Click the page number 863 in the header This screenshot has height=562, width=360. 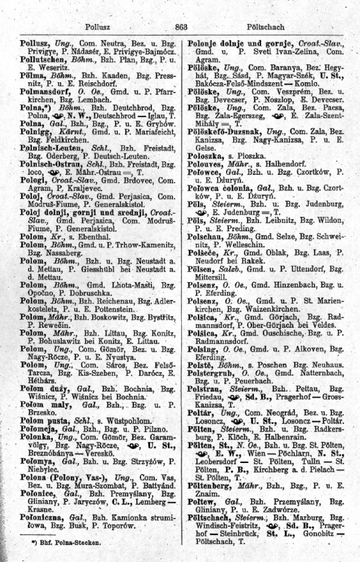(x=181, y=27)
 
